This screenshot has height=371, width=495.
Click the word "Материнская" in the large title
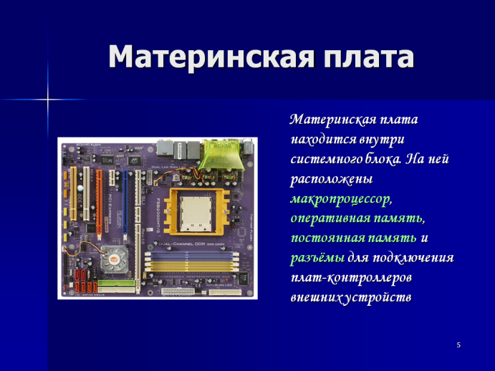[x=211, y=57]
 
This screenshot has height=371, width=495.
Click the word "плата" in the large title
[x=369, y=57]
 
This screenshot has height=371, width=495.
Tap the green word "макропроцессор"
[x=341, y=200]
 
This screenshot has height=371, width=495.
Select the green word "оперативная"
[x=330, y=218]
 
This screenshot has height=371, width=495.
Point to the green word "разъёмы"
[x=317, y=258]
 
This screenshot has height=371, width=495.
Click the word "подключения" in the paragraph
[x=413, y=258]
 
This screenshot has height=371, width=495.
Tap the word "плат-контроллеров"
[x=351, y=278]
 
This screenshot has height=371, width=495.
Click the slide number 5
[x=458, y=345]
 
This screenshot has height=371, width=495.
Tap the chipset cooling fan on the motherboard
[x=115, y=259]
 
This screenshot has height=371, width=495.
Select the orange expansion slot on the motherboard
[x=99, y=206]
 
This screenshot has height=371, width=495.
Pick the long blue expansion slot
[x=125, y=206]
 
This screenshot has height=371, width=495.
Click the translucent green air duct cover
[x=221, y=155]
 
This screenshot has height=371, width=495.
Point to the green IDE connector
[x=117, y=283]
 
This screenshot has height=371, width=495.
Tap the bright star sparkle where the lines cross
[x=48, y=100]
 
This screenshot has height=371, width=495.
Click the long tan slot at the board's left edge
[x=73, y=193]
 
